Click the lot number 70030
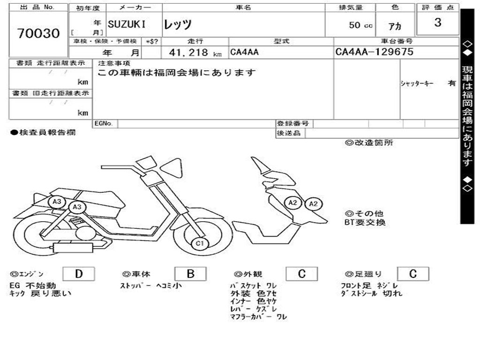coord(38,34)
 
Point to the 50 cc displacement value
coord(360,25)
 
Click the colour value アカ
coord(395,26)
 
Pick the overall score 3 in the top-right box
coord(437,22)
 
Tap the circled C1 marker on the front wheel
coord(200,243)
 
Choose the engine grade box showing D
coord(78,274)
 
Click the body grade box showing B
coord(190,274)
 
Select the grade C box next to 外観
coord(301,274)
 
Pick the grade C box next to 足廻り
coord(412,274)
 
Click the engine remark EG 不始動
coord(32,285)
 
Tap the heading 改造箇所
coord(369,143)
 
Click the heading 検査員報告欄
coord(43,133)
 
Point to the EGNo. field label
coord(104,124)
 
